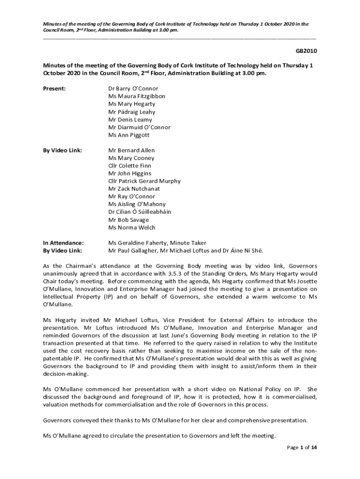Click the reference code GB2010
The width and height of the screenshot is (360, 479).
click(305, 51)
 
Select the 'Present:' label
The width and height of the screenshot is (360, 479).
click(54, 88)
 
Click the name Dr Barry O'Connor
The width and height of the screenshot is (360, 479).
click(133, 88)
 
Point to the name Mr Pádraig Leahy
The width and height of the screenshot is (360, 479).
click(132, 112)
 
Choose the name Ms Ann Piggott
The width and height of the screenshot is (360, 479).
click(129, 135)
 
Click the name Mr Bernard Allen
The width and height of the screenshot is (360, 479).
click(131, 150)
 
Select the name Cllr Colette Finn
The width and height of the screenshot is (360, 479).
click(130, 166)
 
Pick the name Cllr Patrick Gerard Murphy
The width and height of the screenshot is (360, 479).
click(144, 181)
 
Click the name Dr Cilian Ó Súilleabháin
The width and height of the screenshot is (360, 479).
click(140, 212)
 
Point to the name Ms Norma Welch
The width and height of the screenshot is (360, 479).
click(132, 228)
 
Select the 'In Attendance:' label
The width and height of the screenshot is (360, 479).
click(64, 243)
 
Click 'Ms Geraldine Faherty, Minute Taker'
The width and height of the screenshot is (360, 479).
click(157, 243)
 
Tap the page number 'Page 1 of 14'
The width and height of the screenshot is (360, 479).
click(302, 448)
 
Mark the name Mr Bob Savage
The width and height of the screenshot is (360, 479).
click(129, 220)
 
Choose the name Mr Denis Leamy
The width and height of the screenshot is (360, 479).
click(130, 120)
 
